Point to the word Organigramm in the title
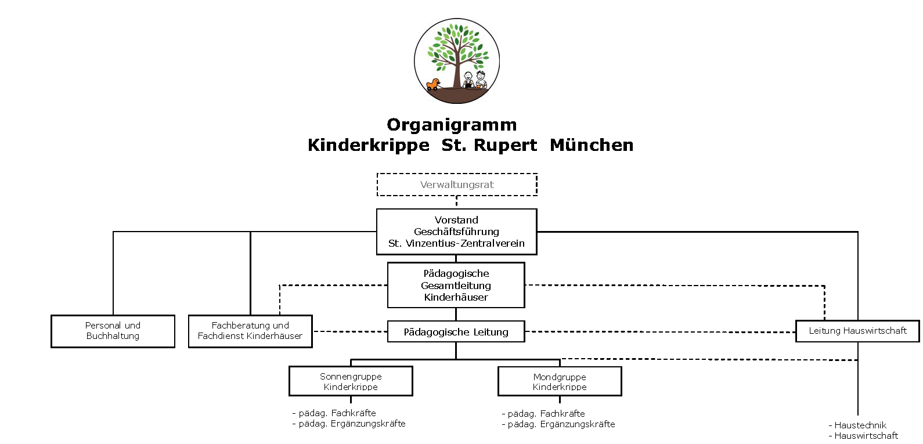click(452, 125)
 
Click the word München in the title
click(592, 145)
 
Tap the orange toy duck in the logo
click(432, 84)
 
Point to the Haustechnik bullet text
click(857, 425)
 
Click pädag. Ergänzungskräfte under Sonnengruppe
click(349, 424)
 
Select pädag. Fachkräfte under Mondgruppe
click(543, 413)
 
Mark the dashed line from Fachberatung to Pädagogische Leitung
click(350, 331)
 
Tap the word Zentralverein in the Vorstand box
click(492, 243)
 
